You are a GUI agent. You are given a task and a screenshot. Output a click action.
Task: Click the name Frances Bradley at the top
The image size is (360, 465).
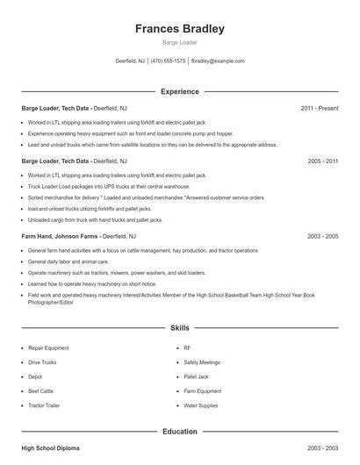pyautogui.click(x=180, y=29)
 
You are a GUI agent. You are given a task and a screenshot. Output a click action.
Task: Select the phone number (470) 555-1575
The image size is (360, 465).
pyautogui.click(x=168, y=61)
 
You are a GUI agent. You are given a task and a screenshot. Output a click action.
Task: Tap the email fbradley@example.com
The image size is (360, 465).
pyautogui.click(x=218, y=61)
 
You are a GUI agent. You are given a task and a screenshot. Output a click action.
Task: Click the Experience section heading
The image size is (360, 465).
pyautogui.click(x=180, y=91)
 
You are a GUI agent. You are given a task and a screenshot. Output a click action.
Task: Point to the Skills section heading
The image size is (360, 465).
pyautogui.click(x=180, y=327)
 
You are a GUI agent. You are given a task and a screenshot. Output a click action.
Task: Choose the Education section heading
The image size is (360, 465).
pyautogui.click(x=180, y=432)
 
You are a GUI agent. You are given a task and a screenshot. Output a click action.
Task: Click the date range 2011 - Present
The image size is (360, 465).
pyautogui.click(x=319, y=109)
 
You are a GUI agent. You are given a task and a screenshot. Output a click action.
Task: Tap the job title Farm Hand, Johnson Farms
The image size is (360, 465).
pyautogui.click(x=60, y=237)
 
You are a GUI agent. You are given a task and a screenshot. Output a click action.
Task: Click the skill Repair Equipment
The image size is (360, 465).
pyautogui.click(x=47, y=347)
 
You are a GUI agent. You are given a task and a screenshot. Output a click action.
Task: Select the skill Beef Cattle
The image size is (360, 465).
pyautogui.click(x=41, y=391)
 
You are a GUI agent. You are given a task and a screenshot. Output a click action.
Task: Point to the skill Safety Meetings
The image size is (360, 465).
pyautogui.click(x=203, y=361)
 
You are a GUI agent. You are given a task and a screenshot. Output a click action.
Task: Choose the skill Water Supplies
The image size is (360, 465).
pyautogui.click(x=201, y=406)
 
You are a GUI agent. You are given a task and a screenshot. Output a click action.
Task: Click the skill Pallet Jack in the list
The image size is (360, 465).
pyautogui.click(x=197, y=376)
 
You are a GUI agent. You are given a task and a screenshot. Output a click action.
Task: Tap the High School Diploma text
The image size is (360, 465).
pyautogui.click(x=50, y=448)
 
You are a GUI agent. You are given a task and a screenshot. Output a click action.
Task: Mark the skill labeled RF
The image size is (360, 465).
pyautogui.click(x=187, y=347)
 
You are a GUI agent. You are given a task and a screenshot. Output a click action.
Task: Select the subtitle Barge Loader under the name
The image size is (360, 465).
pyautogui.click(x=180, y=42)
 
